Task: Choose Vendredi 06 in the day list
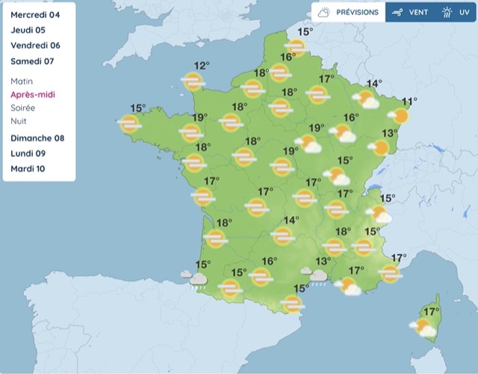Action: [35, 46]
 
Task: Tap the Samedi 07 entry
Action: [32, 61]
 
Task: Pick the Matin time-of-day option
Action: [22, 81]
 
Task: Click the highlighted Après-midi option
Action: [33, 94]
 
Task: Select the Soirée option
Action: [23, 108]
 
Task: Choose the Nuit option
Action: [19, 121]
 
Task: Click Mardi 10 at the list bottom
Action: [28, 169]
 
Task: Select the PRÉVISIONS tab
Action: [349, 12]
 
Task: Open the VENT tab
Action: [410, 12]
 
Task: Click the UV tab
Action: [455, 12]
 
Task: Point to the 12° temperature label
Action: [202, 66]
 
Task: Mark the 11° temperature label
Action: [409, 102]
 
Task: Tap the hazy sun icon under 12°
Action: [193, 82]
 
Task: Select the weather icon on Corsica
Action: [424, 328]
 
